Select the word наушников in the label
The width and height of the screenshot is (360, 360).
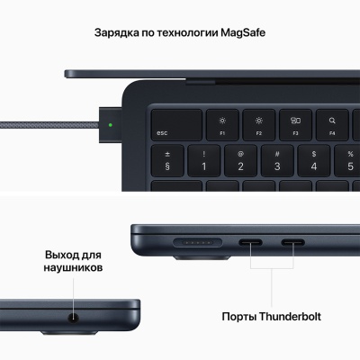pyautogui.click(x=76, y=268)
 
